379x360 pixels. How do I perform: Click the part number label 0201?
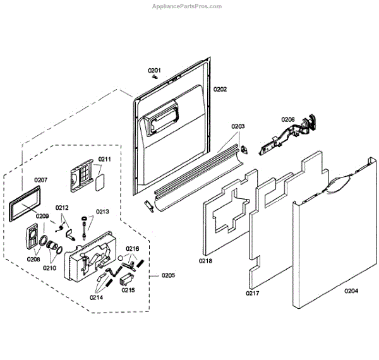pos(155,69)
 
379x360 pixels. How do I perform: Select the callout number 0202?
pos(220,90)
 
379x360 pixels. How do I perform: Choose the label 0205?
pos(169,275)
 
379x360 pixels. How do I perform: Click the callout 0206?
pos(288,119)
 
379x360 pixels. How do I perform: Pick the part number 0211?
pos(104,159)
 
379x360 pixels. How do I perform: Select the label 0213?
pos(102,212)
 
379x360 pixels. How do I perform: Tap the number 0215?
pos(128,291)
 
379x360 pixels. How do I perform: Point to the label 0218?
pos(206,260)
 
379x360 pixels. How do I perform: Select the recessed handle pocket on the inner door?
pos(160,119)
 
